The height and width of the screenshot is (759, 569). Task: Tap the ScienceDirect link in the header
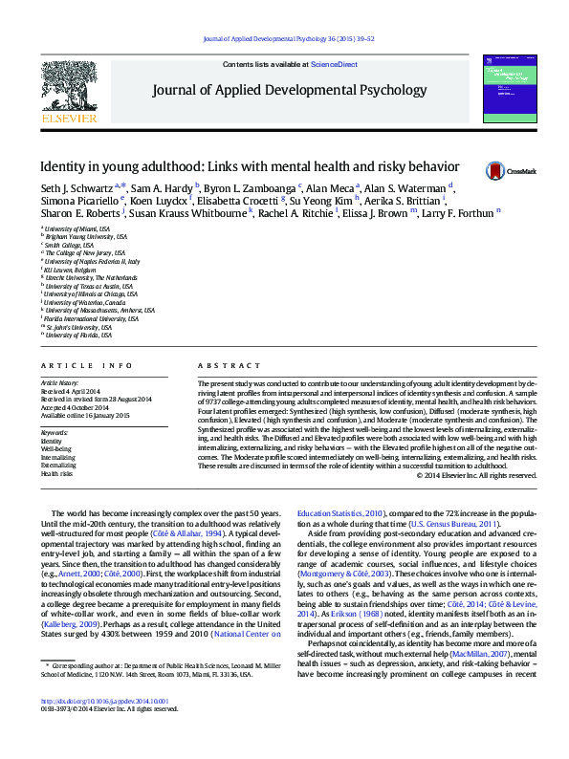(x=334, y=64)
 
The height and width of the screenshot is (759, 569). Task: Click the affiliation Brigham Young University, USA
(x=86, y=236)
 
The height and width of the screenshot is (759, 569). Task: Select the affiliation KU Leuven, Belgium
(x=77, y=270)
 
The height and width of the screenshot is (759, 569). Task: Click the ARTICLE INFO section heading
(x=87, y=366)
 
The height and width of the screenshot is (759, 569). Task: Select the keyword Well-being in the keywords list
(x=56, y=447)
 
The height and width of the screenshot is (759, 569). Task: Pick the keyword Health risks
(x=57, y=473)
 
